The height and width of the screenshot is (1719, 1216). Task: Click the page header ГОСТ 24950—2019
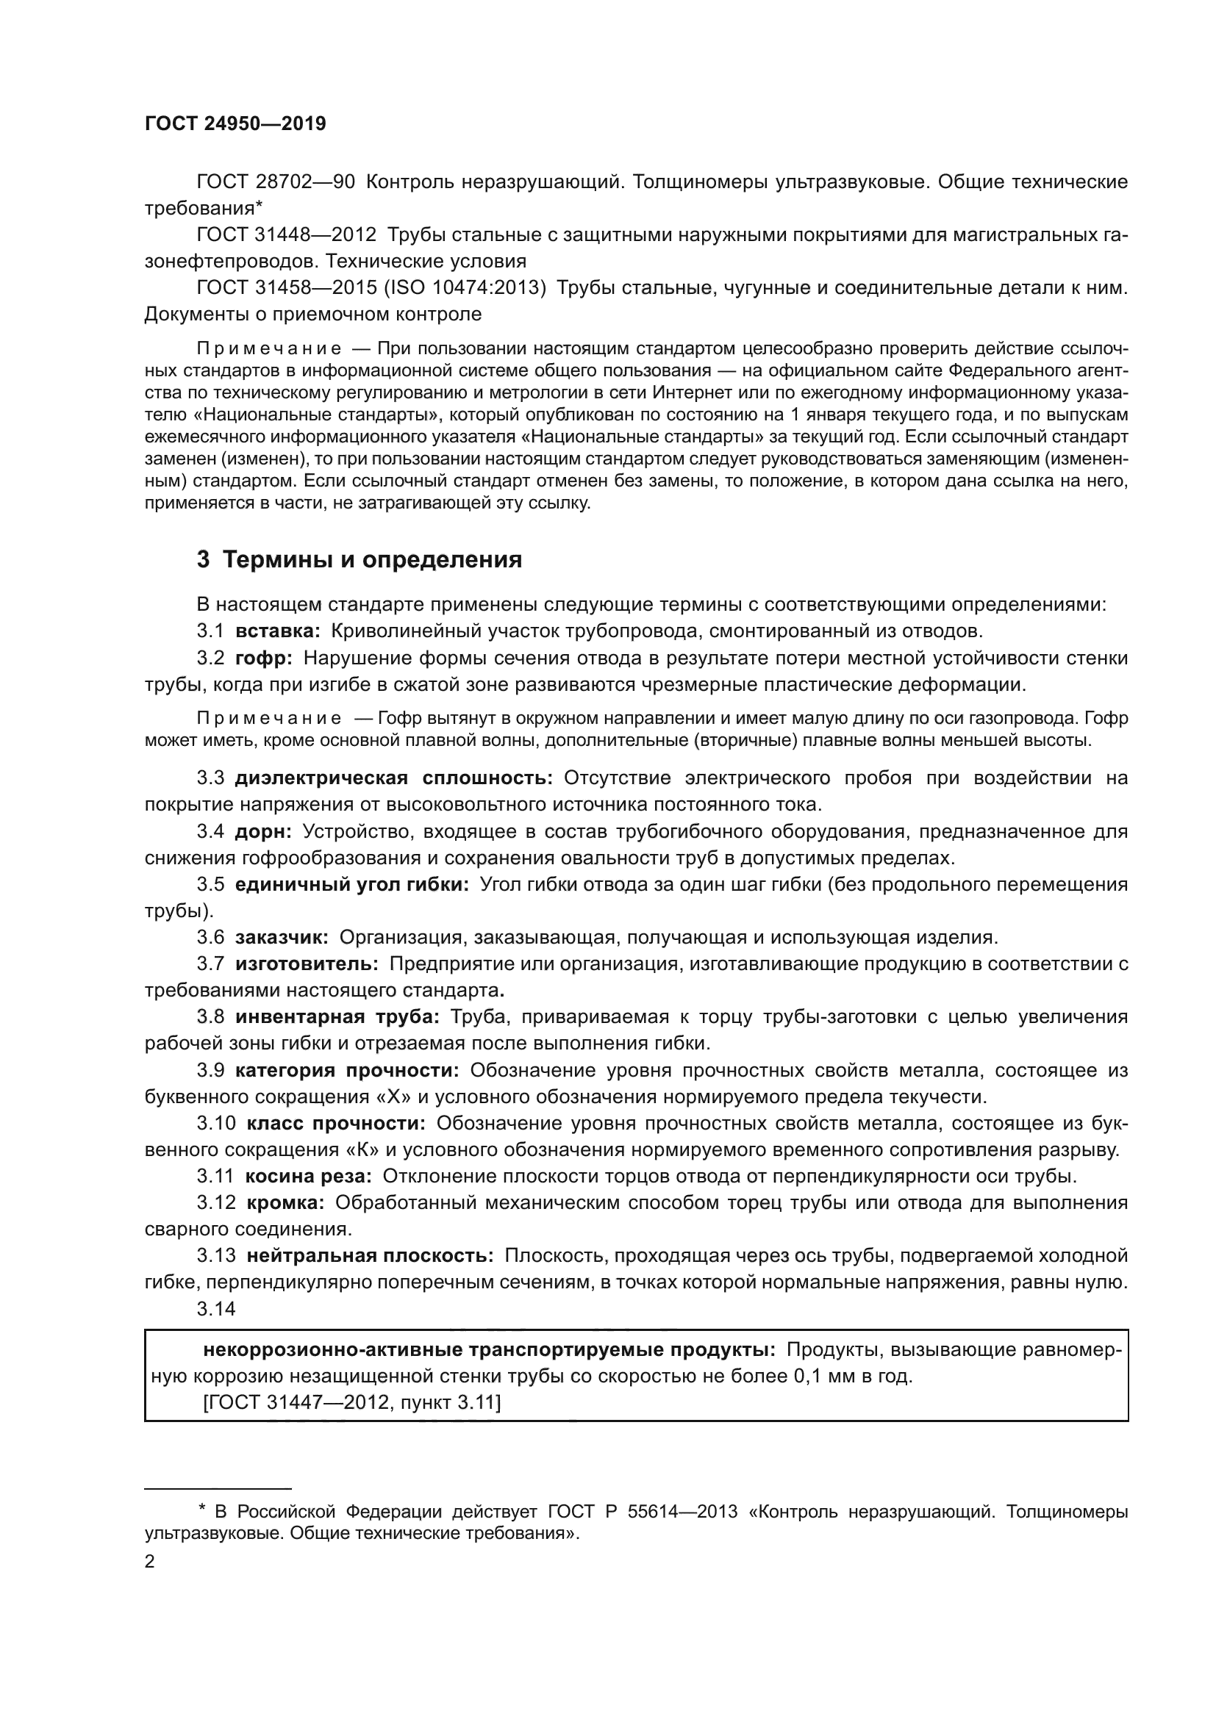coord(235,124)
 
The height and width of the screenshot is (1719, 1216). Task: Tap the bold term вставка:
coord(278,631)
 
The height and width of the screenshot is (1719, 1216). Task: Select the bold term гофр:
coord(264,658)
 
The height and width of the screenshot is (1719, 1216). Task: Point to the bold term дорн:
coord(264,831)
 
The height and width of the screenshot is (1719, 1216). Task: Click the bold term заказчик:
coord(282,937)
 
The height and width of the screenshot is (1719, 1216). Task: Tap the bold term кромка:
coord(285,1202)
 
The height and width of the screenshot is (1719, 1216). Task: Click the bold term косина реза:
coord(309,1176)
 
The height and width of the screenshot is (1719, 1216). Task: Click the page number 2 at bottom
coord(150,1562)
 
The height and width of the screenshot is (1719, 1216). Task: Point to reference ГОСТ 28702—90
coord(276,182)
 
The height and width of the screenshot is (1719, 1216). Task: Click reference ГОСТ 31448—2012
coord(286,235)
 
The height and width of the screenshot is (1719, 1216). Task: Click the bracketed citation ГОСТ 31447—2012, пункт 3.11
coord(352,1402)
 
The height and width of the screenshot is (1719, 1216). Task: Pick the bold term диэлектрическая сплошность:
coord(394,778)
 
